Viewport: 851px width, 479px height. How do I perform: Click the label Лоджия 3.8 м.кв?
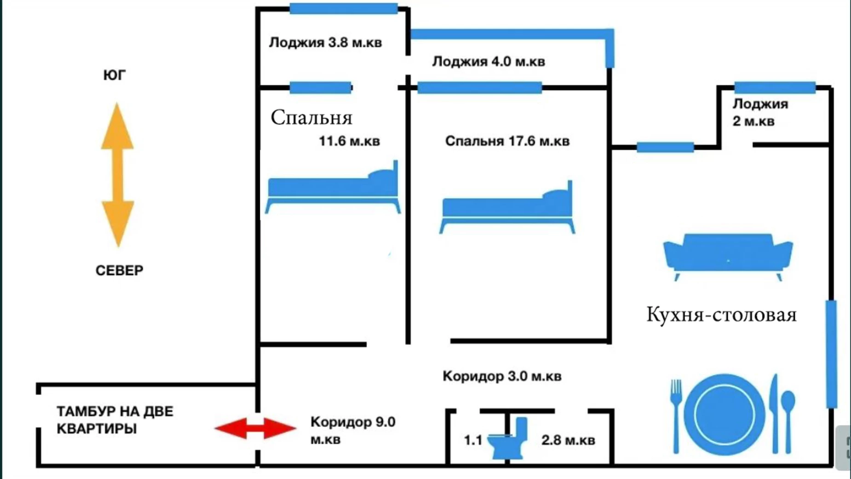click(x=325, y=43)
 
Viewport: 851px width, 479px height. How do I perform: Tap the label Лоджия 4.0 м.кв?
click(x=489, y=62)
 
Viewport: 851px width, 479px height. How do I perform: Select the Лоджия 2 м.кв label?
click(x=760, y=112)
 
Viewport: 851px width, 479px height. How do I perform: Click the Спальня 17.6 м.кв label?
click(x=507, y=141)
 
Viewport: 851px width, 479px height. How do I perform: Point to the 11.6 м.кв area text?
click(x=349, y=141)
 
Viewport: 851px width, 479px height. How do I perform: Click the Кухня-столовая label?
click(x=721, y=315)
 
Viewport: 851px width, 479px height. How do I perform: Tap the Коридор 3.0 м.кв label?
click(x=502, y=376)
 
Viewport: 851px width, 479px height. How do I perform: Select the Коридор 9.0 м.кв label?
click(x=352, y=430)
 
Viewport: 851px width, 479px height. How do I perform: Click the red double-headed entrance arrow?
click(x=255, y=428)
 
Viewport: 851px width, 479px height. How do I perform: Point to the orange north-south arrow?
click(x=117, y=175)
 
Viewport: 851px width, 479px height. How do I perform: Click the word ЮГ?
click(x=115, y=75)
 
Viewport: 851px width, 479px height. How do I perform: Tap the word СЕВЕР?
click(x=119, y=270)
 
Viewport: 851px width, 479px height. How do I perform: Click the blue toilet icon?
click(x=508, y=440)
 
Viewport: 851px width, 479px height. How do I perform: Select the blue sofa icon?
click(x=728, y=256)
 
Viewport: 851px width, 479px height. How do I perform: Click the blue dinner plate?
click(x=724, y=415)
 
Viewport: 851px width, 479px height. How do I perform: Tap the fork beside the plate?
click(x=676, y=415)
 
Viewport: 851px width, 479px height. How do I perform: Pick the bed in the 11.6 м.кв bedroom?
click(x=333, y=189)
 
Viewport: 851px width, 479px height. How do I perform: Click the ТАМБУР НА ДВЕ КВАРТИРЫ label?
click(x=115, y=420)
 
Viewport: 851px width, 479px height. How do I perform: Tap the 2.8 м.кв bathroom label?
click(x=568, y=440)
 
